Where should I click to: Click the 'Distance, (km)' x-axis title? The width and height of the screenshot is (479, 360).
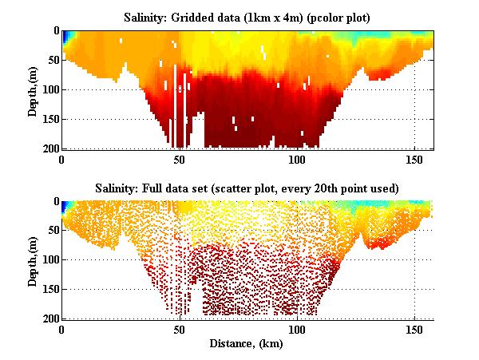pyautogui.click(x=247, y=345)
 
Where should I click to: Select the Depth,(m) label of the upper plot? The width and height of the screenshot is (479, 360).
pyautogui.click(x=33, y=89)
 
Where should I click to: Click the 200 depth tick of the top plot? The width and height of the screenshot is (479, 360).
pyautogui.click(x=50, y=148)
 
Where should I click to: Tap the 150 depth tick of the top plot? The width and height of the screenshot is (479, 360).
pyautogui.click(x=50, y=119)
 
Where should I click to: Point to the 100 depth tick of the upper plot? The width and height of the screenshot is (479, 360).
pyautogui.click(x=50, y=89)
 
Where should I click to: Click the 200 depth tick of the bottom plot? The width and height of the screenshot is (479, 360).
pyautogui.click(x=50, y=318)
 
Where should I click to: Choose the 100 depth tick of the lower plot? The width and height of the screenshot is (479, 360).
pyautogui.click(x=50, y=260)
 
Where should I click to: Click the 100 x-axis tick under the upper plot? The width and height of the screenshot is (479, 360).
pyautogui.click(x=297, y=159)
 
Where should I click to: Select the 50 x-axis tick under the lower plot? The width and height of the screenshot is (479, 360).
pyautogui.click(x=180, y=329)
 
